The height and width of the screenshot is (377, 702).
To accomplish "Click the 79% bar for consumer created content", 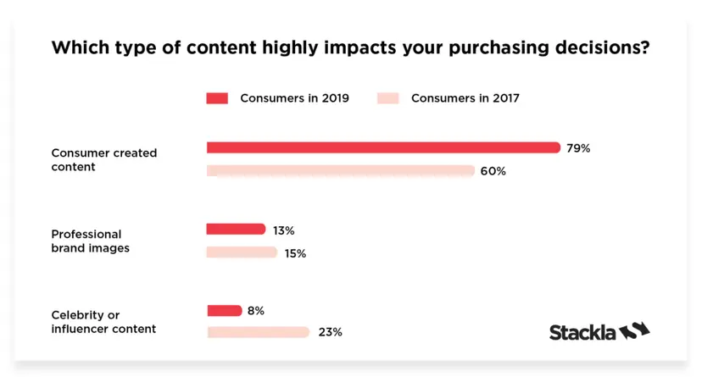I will point(383,147).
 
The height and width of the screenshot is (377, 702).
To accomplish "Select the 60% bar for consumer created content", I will point(340,171).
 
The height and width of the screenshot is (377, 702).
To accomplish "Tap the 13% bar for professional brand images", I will point(236,229).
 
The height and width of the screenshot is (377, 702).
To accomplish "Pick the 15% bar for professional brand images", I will point(242,252).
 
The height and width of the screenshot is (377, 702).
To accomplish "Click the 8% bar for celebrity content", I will point(224,310).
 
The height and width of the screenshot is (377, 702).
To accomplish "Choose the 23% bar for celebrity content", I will point(258,332).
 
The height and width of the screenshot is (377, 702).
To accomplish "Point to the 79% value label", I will point(578,148).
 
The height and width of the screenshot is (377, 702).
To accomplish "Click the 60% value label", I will point(493,171).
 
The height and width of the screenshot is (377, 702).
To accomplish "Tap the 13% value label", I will point(284,230).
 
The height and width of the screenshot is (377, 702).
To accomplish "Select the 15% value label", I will point(295,253).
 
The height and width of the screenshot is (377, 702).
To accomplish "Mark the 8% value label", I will point(255,311).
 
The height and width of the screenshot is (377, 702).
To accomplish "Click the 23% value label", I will point(330,332).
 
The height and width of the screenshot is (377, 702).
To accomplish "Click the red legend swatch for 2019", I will point(217,98).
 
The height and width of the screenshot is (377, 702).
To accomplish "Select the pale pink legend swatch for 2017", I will point(388,98).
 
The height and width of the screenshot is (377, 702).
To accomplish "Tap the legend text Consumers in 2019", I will point(294,98).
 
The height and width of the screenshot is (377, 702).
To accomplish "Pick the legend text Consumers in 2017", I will point(465,98).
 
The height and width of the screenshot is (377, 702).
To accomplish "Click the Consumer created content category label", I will point(103,160).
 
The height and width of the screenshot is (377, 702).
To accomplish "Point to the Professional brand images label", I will point(90,241).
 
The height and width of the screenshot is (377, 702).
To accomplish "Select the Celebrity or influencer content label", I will point(103,322).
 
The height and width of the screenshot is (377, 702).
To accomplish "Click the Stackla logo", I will point(599,331).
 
